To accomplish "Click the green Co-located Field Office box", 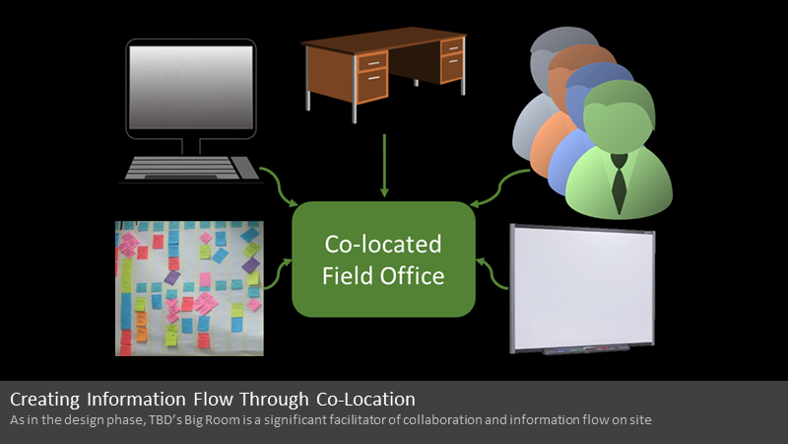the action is click(x=383, y=259).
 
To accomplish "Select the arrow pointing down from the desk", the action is click(x=384, y=166).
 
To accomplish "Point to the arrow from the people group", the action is click(x=499, y=188).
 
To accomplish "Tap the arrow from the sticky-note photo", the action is click(x=278, y=274).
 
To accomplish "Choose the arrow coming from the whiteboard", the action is click(x=492, y=273).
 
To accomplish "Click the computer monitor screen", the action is click(x=191, y=88).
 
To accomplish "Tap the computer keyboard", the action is click(x=191, y=168).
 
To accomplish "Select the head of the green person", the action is click(x=620, y=115).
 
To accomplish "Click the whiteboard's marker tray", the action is click(x=586, y=349).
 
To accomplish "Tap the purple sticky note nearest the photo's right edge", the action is click(x=251, y=264).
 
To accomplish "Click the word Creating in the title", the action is click(x=44, y=400).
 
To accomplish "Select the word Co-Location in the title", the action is click(x=365, y=400).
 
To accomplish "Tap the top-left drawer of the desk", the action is click(x=373, y=62).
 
